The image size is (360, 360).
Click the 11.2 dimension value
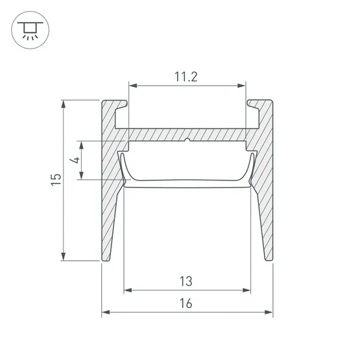point(186,77)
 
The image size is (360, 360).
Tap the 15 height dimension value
point(56,180)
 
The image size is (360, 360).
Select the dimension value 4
point(75,160)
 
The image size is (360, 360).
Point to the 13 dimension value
point(186,282)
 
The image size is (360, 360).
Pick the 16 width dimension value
point(186,304)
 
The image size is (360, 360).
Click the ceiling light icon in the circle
point(30,30)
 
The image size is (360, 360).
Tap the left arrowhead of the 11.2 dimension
point(133,86)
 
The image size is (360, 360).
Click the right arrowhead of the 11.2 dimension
point(241,86)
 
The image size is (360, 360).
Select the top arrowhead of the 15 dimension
point(64,104)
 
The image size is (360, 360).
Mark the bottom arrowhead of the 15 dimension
point(64,257)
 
